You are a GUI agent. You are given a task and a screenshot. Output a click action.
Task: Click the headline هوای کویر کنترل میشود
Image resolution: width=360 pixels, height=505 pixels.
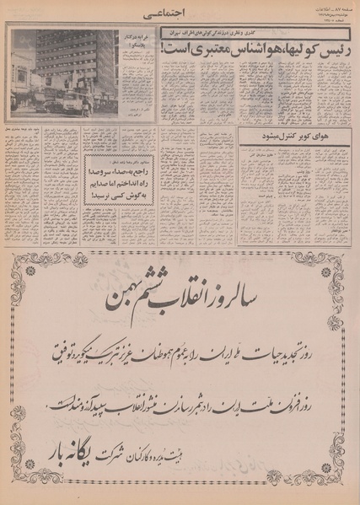292,136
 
